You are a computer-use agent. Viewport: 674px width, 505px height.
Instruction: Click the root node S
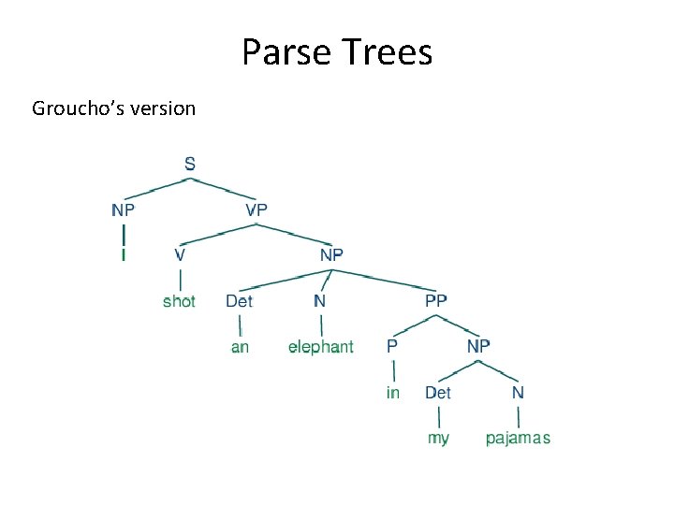pos(190,164)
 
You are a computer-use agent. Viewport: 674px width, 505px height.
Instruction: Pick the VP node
pos(256,209)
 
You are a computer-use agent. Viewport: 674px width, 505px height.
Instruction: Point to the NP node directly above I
pos(124,209)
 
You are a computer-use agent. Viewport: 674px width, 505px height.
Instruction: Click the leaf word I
pos(124,254)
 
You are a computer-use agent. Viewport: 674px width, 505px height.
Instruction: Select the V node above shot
pos(180,254)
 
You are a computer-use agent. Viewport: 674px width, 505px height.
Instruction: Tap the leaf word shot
pos(179,300)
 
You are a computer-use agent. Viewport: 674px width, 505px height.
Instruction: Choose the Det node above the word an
pos(239,300)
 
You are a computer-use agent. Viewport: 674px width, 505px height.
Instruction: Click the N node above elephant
pos(320,300)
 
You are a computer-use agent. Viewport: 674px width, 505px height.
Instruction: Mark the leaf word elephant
pos(321,347)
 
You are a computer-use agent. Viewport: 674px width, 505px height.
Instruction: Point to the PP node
pos(436,300)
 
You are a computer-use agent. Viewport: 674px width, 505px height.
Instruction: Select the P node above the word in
pos(392,346)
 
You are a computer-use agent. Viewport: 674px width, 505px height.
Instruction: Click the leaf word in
pos(393,393)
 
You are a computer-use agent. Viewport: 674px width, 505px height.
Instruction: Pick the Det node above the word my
pos(438,393)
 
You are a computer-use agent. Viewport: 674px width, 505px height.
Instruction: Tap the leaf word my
pos(438,438)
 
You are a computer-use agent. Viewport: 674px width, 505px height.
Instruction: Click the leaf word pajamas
pos(518,438)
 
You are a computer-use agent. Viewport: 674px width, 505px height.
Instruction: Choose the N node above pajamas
pos(518,393)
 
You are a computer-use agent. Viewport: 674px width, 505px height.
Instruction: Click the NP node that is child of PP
pos(478,346)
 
